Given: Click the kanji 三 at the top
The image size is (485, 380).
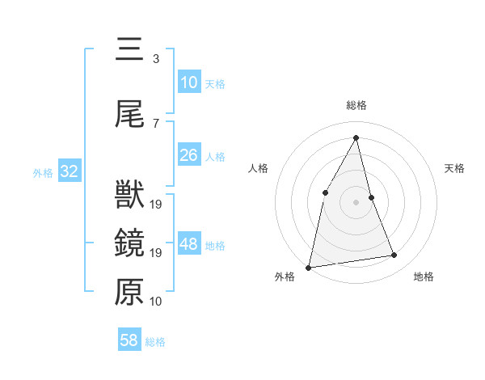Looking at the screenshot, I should point(129,49).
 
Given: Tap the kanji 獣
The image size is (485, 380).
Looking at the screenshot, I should point(129,195).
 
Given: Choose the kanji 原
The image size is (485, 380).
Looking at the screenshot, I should point(129,292).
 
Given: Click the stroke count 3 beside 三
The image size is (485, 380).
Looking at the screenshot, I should point(155,58).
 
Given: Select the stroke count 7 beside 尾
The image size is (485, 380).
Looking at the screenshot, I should point(155,123).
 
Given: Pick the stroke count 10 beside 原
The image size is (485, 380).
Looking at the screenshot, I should point(156,302).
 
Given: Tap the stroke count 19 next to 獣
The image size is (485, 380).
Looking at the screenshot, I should point(156,204).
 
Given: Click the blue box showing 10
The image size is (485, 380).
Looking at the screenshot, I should point(188,82).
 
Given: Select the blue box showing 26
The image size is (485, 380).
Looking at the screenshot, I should point(188,155).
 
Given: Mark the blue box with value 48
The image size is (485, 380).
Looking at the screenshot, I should point(189,244).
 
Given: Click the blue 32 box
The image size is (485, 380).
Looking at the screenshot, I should point(68,171).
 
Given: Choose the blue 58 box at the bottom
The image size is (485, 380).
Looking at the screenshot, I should point(129,340).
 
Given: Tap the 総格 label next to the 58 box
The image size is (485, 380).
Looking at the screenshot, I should point(155,342).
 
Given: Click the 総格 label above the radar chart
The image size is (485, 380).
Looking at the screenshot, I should point(356,106).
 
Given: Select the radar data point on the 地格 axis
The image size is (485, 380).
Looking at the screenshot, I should point(394,255).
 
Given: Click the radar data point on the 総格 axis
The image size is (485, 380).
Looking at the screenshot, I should point(356,137).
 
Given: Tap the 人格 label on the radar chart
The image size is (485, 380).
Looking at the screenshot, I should point(259,168).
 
